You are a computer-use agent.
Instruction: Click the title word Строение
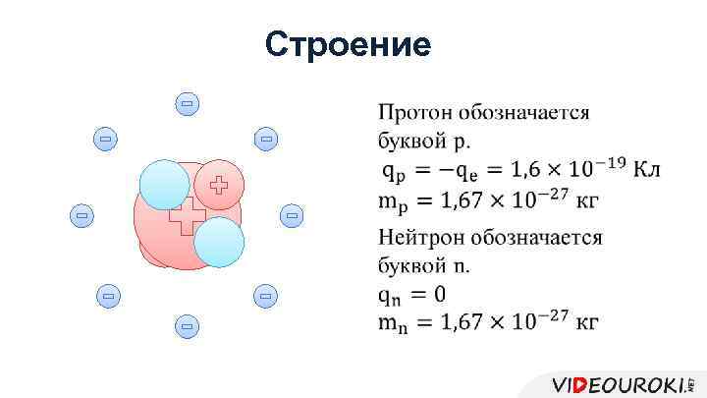pyautogui.click(x=348, y=44)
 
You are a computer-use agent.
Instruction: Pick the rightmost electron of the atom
pyautogui.click(x=291, y=213)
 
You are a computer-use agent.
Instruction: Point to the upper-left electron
pyautogui.click(x=105, y=140)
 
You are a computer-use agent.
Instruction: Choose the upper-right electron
pyautogui.click(x=265, y=140)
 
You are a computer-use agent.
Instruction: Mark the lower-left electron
pyautogui.click(x=107, y=294)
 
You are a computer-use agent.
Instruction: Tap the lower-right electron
pyautogui.click(x=264, y=294)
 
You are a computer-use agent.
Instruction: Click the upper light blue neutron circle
pyautogui.click(x=163, y=186)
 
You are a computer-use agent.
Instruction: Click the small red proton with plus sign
pyautogui.click(x=218, y=184)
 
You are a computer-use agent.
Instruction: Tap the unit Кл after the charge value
pyautogui.click(x=646, y=169)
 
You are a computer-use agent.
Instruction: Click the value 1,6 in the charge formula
pyautogui.click(x=516, y=170)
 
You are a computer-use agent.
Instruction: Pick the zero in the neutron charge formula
pyautogui.click(x=439, y=294)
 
